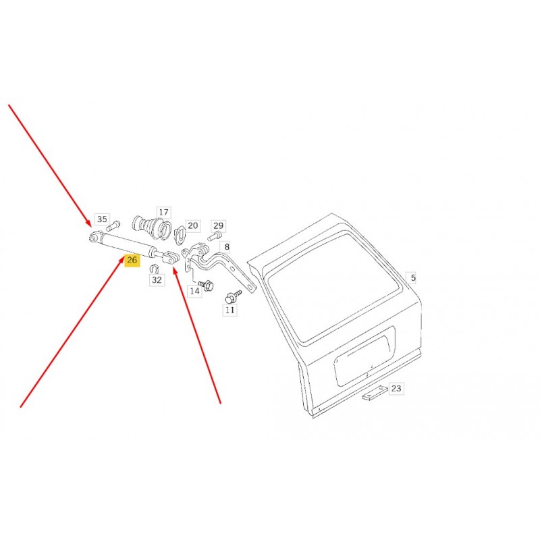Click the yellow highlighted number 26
132,260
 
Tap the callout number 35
102,219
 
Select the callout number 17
164,212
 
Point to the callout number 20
193,225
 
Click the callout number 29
218,225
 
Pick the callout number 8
227,246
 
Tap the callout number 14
194,292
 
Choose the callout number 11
230,310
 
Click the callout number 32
157,280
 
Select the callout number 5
413,277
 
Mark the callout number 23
396,389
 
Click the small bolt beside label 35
113,226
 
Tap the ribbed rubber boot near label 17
152,227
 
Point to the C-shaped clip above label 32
155,268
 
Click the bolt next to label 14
207,286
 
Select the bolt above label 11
233,297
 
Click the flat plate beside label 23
375,393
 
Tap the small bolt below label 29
214,236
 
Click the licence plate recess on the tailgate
364,356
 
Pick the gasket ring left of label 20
180,235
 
